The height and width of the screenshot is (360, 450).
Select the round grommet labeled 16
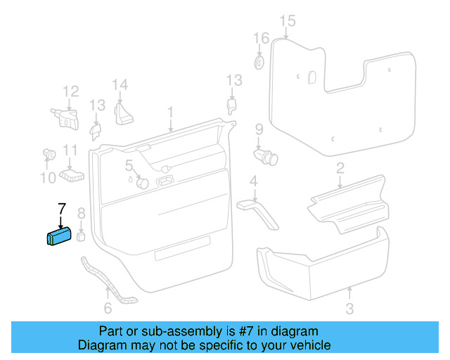(259, 63)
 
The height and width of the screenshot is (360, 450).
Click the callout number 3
(349, 309)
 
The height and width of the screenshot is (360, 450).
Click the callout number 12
(71, 91)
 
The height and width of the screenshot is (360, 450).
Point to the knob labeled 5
(141, 183)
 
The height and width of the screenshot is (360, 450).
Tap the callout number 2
(340, 168)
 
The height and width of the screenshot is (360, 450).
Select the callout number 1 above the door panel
(169, 113)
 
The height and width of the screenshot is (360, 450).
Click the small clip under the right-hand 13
(232, 105)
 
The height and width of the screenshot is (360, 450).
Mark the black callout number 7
(61, 209)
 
